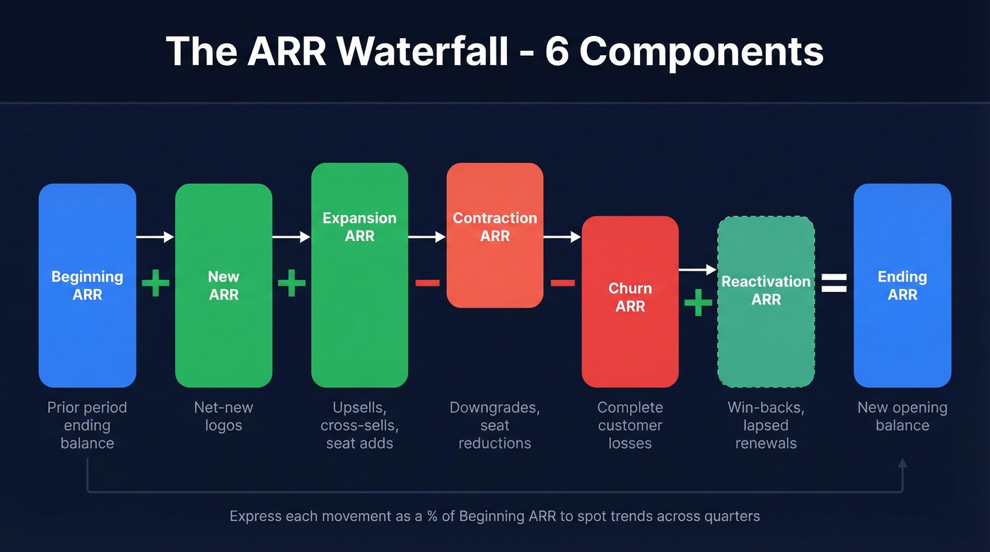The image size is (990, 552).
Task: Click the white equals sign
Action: (834, 283)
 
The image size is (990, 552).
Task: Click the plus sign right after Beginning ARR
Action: (156, 283)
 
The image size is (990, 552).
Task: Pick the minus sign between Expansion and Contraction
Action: (427, 283)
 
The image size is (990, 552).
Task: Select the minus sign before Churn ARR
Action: (563, 283)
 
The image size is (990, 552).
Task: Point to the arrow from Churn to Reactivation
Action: (698, 269)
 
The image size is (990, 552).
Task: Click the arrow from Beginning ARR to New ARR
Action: (155, 237)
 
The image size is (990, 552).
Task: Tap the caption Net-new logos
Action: (223, 416)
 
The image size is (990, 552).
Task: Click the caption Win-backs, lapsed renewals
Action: (766, 425)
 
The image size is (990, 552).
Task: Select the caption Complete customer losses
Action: (630, 425)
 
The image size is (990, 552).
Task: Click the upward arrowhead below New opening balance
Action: (902, 464)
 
